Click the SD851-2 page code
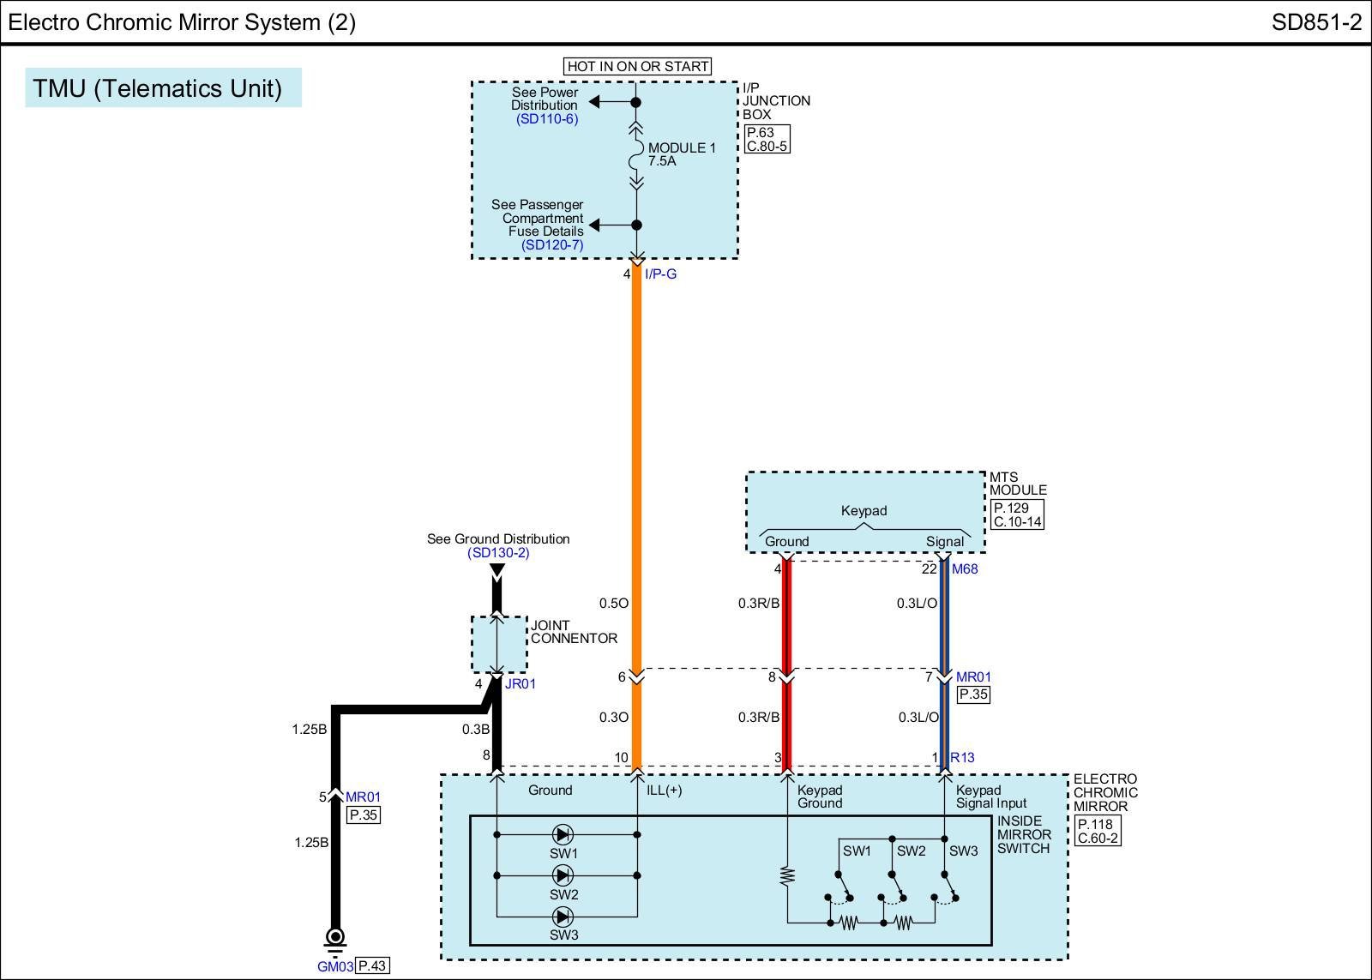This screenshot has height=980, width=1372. pos(1315,22)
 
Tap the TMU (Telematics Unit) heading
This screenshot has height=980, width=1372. pos(158,88)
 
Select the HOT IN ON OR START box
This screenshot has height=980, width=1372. pos(638,66)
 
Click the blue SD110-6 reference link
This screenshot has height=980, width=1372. pos(547,119)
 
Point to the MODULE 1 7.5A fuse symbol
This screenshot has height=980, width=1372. pos(636,155)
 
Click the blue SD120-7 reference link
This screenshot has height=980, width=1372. pos(552,245)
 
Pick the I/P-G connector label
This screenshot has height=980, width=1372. pos(660,274)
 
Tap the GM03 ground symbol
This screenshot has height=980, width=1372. pos(335,936)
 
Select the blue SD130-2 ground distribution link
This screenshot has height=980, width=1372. pos(498,553)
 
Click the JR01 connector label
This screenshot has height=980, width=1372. pos(520,684)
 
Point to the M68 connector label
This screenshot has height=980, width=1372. pos(965,568)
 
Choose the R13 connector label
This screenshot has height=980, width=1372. pos(962,757)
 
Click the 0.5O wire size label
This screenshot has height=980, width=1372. pos(614,603)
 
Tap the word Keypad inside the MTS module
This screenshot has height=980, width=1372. pos(864,510)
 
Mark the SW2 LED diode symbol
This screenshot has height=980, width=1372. pos(563,875)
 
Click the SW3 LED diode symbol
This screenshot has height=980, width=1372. pos(563,917)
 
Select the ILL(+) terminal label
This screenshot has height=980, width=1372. pos(665,791)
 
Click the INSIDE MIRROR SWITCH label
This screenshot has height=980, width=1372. pos(1023,834)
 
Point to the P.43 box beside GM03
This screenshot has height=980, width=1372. pos(371,966)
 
